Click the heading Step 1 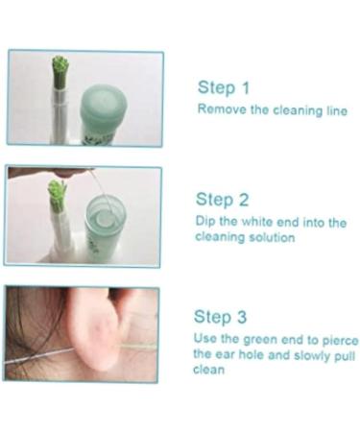tap(223, 87)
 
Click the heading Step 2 tap(222, 200)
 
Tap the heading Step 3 tap(220, 317)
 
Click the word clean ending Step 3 tap(208, 370)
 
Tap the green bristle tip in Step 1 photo tap(60, 64)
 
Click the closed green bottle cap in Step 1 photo tap(103, 105)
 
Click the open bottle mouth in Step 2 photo tap(106, 209)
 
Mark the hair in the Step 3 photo tap(36, 329)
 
